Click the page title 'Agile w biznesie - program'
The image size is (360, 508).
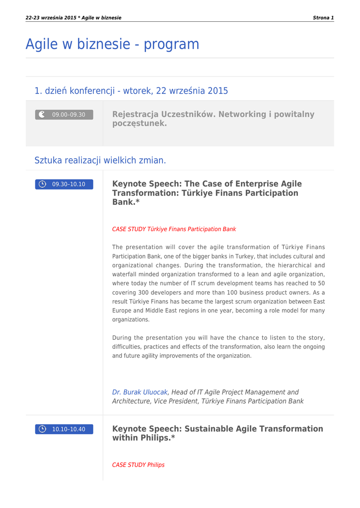point(112,44)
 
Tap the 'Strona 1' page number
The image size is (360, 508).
point(323,18)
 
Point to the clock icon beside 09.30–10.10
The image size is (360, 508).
point(43,185)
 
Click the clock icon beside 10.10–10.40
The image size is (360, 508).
point(43,429)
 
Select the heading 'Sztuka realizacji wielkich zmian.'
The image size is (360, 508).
point(100,160)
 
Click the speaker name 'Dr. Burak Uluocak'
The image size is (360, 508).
point(140,392)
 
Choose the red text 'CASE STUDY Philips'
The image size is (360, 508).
point(138,465)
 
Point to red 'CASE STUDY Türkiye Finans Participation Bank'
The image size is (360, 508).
point(174,229)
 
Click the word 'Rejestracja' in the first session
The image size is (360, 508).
point(136,115)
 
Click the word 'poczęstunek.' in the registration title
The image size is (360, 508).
point(140,124)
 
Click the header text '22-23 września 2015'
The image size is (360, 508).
point(51,18)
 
